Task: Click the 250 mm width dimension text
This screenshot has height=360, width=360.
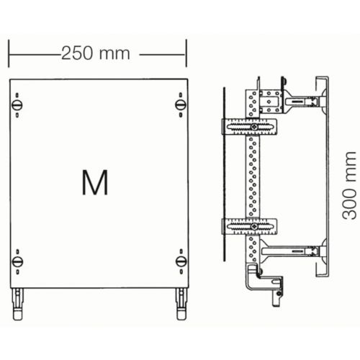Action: point(96,53)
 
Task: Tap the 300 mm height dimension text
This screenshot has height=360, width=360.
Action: point(349,185)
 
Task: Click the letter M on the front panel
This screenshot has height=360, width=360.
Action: point(95,182)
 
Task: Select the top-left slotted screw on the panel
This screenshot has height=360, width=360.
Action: point(17,105)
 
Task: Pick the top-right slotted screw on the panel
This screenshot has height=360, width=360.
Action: point(181,104)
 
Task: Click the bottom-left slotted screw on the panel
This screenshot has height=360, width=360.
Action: point(17,261)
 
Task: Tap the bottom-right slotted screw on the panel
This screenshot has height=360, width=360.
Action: point(181,261)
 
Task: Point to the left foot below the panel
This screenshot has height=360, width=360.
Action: point(18,304)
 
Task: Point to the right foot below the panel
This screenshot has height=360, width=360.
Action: point(181,304)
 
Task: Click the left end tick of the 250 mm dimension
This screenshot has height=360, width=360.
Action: point(9,53)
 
